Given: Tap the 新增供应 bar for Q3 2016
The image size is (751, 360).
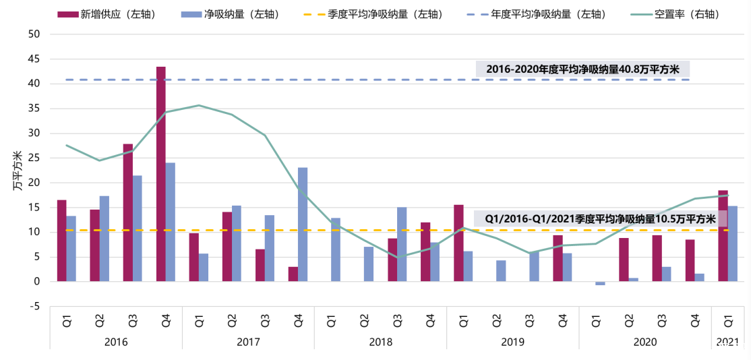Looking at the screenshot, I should (x=128, y=212).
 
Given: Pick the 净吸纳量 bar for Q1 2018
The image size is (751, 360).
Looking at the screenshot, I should (x=336, y=249).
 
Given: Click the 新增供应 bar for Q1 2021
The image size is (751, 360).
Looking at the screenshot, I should (x=723, y=236).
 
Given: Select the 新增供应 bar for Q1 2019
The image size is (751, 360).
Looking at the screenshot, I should (x=458, y=243).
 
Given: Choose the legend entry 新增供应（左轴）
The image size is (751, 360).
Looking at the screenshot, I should (x=117, y=13).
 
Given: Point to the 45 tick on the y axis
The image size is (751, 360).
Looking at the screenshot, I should (x=34, y=59).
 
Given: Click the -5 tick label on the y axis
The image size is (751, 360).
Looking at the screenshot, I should (x=34, y=306).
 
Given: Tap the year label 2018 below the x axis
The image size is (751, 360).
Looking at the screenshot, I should (x=380, y=342).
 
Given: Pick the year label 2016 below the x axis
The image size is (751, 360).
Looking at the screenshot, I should (x=116, y=342).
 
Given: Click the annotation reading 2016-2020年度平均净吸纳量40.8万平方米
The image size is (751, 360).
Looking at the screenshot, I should (x=582, y=69).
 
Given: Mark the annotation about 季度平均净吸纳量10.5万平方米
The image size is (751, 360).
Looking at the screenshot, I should (x=600, y=218).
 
